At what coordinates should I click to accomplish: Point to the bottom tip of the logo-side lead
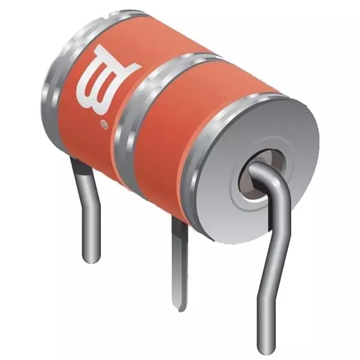[90, 259]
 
